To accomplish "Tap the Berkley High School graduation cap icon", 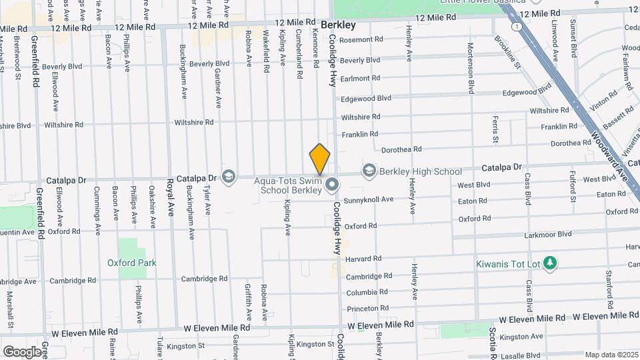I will coord(369,171).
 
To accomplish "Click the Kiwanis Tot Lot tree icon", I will coord(550,264).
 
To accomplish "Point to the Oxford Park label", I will coord(132,263).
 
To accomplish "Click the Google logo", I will coord(22,351).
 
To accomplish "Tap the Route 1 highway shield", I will coord(518,27).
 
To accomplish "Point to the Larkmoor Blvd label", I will coord(548,234).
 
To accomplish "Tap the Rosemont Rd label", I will coord(361,39).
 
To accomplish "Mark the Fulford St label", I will coord(573,186).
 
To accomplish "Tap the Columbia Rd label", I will coord(367,292).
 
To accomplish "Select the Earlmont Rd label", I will coord(360,78).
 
